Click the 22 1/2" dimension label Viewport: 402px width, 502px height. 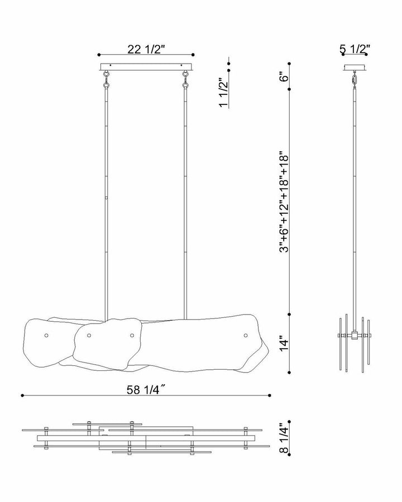(x=146, y=49)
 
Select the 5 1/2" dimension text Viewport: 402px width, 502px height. (x=355, y=49)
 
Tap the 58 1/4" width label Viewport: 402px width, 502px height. (x=146, y=390)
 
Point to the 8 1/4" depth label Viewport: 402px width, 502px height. (x=284, y=438)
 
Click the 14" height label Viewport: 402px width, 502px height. (x=284, y=344)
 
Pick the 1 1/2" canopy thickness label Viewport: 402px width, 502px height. (x=223, y=92)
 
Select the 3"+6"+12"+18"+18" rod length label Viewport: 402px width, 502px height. (x=284, y=201)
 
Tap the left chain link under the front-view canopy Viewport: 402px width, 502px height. (x=106, y=79)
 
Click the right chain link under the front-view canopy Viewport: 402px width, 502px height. (x=185, y=79)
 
